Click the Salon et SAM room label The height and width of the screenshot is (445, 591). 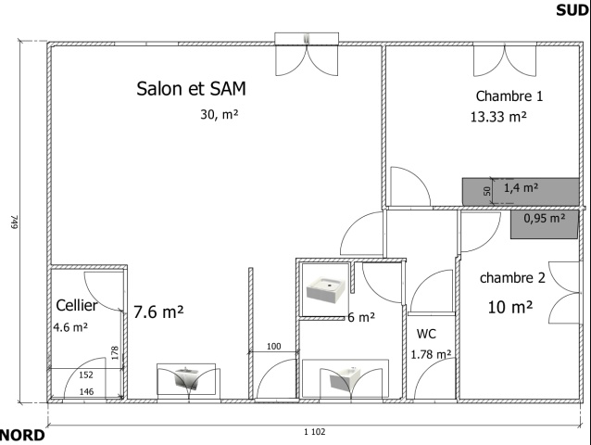point(191,89)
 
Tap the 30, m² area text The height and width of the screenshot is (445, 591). point(220,114)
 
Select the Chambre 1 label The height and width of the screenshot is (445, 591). point(509,96)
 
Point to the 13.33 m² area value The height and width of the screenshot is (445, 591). point(498,117)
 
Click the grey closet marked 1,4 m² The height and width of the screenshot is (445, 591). point(521,192)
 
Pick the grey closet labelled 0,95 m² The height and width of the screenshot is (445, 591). point(545,224)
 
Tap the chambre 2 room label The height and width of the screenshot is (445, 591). point(512,278)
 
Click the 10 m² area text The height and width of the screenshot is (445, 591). point(510,307)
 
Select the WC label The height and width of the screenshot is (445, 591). point(426,334)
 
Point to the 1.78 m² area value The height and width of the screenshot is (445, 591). point(431,354)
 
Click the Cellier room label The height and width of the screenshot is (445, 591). point(77,305)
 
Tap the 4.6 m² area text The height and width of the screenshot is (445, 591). point(70,326)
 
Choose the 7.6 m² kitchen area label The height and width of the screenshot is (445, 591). point(158,311)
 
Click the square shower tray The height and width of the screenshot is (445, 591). point(326,289)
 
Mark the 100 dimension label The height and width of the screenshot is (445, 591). point(273,346)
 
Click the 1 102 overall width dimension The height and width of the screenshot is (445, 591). point(315,432)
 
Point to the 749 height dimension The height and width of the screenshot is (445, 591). point(14,222)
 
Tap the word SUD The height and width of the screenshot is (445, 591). point(572,10)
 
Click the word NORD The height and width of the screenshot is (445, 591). point(22,435)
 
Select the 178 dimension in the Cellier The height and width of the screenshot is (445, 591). point(116,353)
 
